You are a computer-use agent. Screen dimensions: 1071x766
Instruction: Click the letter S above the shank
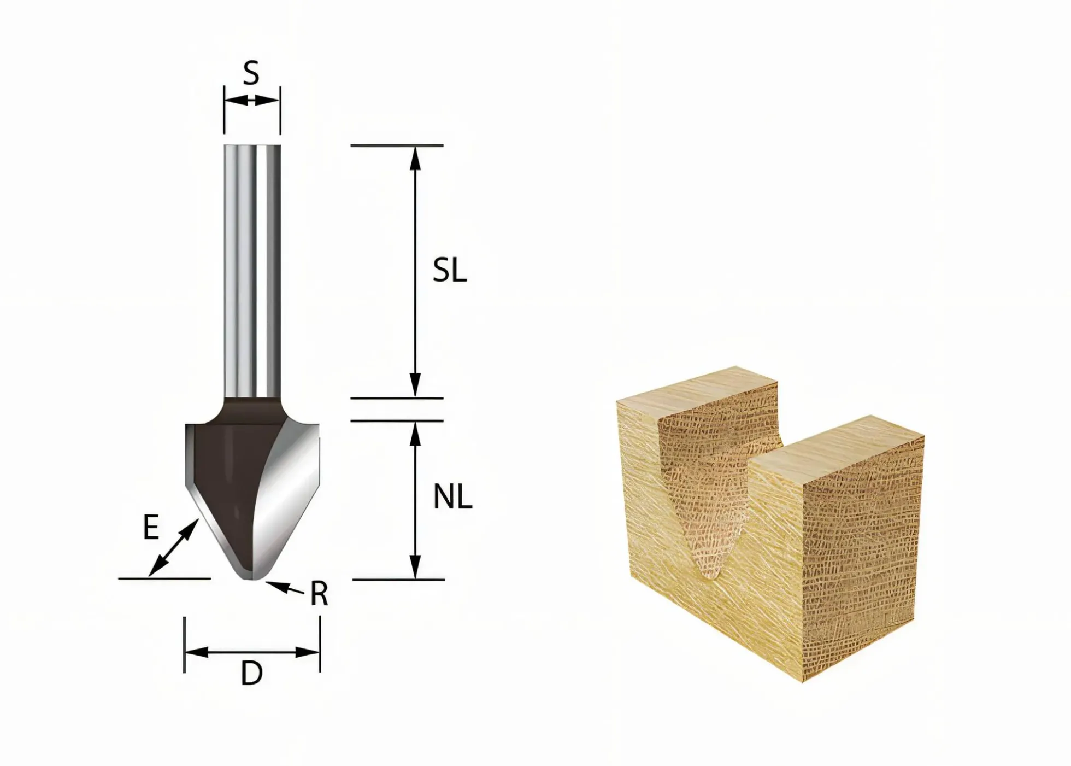tap(251, 73)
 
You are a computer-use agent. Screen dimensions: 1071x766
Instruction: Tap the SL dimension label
tap(450, 270)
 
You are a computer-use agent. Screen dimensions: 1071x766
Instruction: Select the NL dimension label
tap(452, 498)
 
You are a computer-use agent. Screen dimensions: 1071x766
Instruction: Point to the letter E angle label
tap(151, 528)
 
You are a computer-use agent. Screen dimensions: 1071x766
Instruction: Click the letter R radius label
tap(319, 594)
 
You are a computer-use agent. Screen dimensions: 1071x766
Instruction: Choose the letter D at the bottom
tap(252, 674)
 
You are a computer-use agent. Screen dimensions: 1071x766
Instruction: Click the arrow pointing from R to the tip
tap(285, 587)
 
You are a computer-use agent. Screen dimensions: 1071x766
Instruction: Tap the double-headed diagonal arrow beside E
tap(173, 548)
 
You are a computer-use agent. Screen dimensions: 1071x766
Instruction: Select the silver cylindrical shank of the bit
tap(252, 271)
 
